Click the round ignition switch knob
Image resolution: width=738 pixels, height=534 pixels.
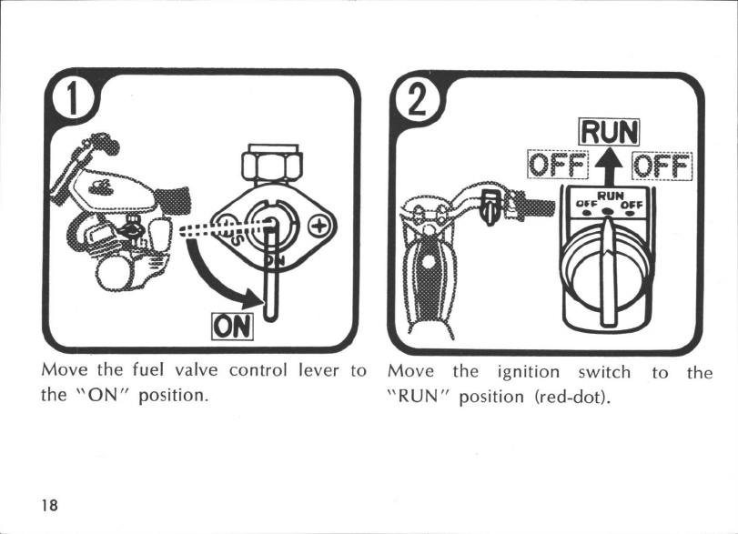(608, 264)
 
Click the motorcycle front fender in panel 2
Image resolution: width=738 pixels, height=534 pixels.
(424, 282)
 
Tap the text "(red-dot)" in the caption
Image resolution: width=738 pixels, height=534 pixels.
(580, 397)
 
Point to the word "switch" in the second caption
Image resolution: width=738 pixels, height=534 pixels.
(604, 371)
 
